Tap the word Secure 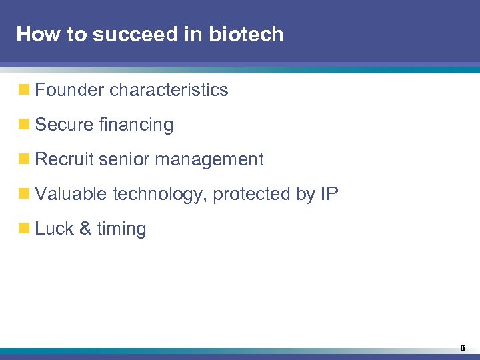coord(64,125)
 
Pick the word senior coord(121,159)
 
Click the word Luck coord(54,229)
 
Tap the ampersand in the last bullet coord(85,229)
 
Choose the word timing coord(121,229)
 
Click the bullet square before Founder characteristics coord(25,90)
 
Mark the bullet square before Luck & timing coord(25,229)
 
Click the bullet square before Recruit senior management coord(25,159)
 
